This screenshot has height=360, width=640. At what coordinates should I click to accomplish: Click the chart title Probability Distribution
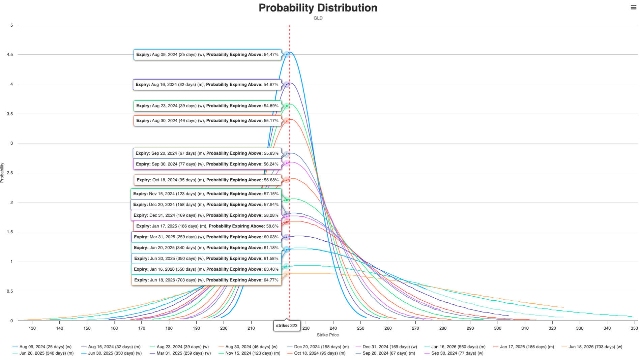[x=318, y=8]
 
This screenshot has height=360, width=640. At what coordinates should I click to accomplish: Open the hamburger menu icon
[x=633, y=7]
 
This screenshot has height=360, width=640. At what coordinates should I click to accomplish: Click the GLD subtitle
[x=318, y=18]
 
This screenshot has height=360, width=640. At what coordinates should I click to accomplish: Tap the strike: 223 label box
[x=287, y=326]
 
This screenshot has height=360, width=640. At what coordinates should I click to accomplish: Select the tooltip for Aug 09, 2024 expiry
[x=207, y=55]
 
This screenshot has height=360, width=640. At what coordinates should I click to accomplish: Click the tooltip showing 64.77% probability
[x=206, y=280]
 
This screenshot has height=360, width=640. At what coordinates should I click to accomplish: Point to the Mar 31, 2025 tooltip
[x=206, y=237]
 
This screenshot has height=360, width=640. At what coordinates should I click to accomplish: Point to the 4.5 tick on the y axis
[x=10, y=55]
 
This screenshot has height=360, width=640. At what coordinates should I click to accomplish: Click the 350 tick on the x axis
[x=634, y=328]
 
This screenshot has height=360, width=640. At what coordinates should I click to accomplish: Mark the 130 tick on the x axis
[x=32, y=328]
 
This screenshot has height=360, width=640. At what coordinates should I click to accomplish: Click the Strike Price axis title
[x=327, y=335]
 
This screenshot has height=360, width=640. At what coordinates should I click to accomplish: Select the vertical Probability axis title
[x=2, y=173]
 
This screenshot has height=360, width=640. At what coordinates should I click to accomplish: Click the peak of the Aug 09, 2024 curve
[x=290, y=52]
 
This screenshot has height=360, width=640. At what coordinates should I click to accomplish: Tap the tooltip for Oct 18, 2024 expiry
[x=207, y=180]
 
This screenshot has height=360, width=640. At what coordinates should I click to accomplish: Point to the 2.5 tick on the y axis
[x=10, y=173]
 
